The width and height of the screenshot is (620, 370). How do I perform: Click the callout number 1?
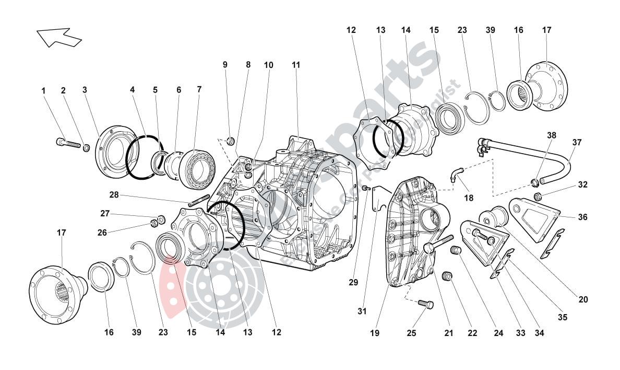pos(44,91)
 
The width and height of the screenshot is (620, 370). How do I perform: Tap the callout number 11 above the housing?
pos(296,65)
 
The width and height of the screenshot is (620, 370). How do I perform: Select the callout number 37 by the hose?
pos(576,142)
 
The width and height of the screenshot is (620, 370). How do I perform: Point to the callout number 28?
pos(114,194)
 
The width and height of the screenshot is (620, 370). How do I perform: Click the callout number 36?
pos(582,217)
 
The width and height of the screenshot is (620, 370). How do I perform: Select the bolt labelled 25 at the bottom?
pos(426,304)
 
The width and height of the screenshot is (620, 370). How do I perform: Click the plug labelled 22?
pos(447,275)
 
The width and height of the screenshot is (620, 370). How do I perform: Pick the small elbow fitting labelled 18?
pos(457,174)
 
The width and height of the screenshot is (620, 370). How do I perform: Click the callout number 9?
pos(225,65)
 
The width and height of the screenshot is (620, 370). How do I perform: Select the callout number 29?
pos(354,282)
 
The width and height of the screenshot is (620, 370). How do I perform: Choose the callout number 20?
pos(583,299)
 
